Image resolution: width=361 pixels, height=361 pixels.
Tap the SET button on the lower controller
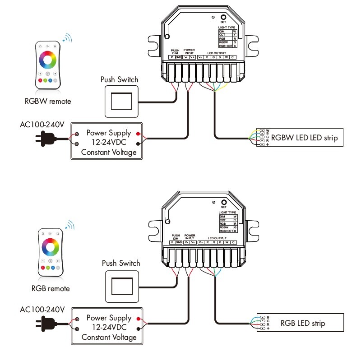click(x=223, y=202)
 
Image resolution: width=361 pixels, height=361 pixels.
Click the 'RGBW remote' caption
click(x=48, y=101)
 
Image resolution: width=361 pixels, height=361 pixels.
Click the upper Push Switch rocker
click(x=122, y=101)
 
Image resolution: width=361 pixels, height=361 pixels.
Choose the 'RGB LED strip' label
click(x=302, y=323)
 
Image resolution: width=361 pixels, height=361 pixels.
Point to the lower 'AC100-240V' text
click(x=42, y=310)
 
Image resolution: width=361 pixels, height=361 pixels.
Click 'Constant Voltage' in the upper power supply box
click(x=109, y=153)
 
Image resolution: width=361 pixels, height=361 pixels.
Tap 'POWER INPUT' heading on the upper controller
click(x=189, y=51)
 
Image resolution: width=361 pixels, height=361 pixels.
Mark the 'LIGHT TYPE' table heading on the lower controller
click(x=227, y=212)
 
